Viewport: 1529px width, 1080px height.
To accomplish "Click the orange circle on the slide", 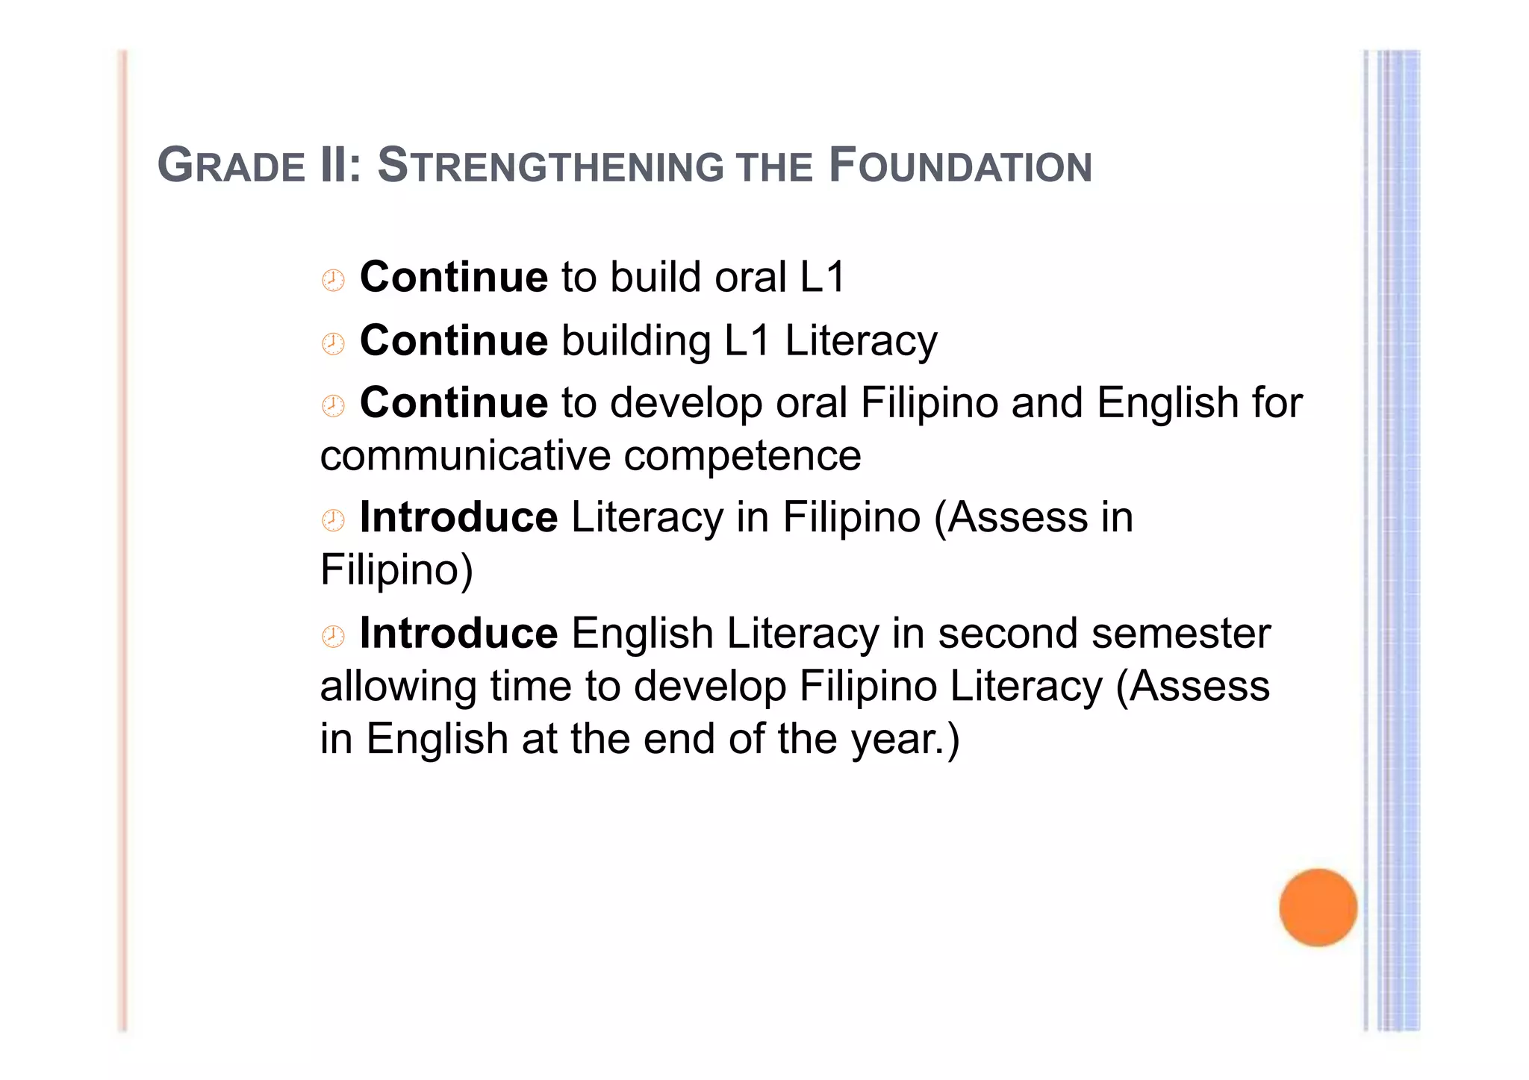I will pos(1318,907).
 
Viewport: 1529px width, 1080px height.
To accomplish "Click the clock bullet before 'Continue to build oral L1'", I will pos(333,281).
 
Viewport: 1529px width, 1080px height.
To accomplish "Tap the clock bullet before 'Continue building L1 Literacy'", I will pos(333,344).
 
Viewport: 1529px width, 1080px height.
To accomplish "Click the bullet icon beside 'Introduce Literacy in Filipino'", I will pos(333,520).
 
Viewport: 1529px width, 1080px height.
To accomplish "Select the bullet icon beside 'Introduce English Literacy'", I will pos(333,637).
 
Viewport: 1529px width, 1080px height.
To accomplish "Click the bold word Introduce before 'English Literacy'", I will pos(458,633).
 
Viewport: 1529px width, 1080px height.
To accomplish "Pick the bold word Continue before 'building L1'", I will pos(454,340).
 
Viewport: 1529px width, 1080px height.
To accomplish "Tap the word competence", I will pos(742,456).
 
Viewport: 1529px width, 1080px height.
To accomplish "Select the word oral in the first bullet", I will pos(750,277).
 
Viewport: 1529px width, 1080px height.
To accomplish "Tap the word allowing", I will pos(398,687).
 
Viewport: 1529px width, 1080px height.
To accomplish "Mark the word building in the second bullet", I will pos(636,341).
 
